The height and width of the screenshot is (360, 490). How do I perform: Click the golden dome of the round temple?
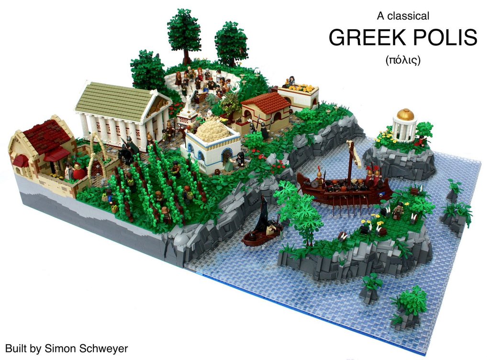coord(405,115)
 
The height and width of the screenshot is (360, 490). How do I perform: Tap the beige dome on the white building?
coord(213,129)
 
